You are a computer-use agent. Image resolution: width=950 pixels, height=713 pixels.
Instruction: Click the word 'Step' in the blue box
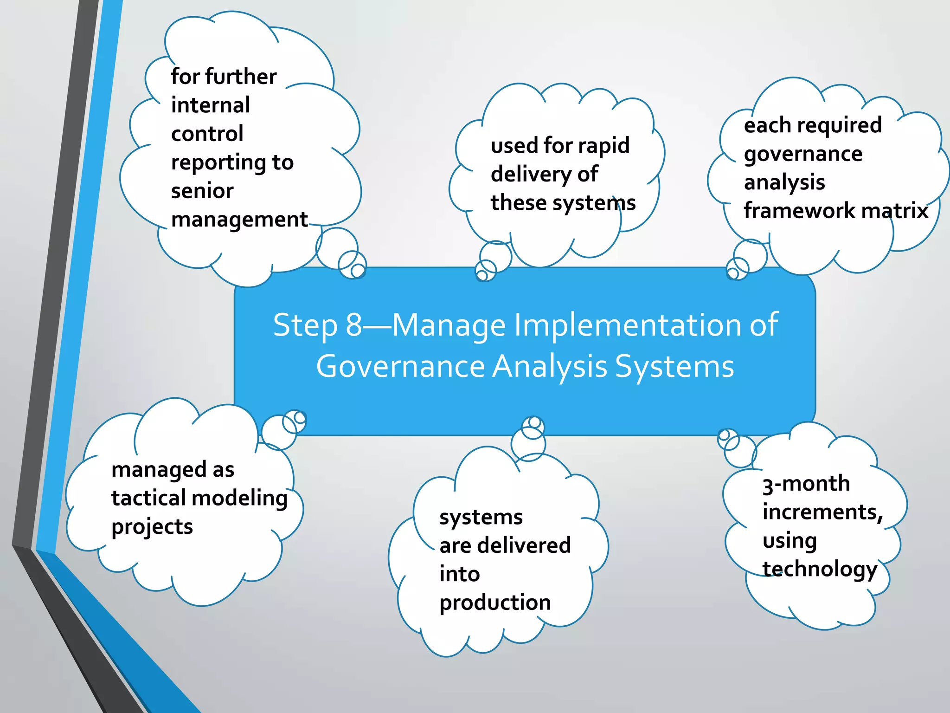305,326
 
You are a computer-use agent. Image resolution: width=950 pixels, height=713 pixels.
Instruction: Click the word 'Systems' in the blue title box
674,367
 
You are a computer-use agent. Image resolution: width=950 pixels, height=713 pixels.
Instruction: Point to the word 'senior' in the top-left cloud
202,191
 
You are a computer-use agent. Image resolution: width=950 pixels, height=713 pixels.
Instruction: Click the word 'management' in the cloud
239,220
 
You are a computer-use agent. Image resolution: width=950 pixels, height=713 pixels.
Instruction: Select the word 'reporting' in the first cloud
218,163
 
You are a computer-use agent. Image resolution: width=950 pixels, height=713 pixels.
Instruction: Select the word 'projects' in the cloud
152,527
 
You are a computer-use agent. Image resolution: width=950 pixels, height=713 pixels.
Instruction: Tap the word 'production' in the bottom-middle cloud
495,603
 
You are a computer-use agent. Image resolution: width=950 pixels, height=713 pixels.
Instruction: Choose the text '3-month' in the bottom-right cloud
806,484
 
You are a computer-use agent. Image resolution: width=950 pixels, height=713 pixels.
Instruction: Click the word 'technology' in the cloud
820,570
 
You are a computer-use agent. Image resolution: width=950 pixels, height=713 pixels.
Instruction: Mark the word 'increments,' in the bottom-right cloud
822,512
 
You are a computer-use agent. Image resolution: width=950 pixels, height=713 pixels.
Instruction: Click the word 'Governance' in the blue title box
400,367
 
